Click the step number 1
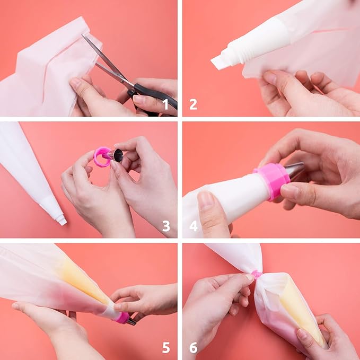pos(165,104)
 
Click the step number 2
pos(194,104)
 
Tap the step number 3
pos(166,226)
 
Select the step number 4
pos(194,226)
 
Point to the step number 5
pos(166,347)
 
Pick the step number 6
pos(194,347)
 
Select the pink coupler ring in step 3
pos(102,157)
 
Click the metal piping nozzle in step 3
pos(116,155)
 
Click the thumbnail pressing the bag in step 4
pos(206,199)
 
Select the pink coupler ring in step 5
pos(122,318)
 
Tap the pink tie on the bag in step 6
pos(257,274)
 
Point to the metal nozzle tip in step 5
pos(131,322)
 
